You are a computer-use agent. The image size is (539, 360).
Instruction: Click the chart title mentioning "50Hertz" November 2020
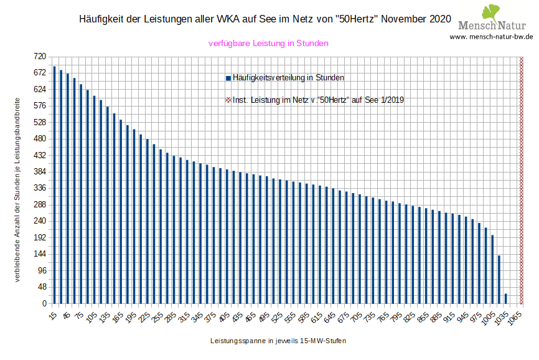pos(265,19)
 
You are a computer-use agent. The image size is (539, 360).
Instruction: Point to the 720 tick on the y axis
pos(40,56)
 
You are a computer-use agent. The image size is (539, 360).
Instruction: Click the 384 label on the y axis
pos(40,171)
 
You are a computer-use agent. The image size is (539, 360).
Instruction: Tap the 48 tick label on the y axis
pos(42,287)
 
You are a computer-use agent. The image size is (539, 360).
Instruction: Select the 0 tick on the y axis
pos(44,303)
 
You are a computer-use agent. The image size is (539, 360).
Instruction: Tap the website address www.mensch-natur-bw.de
pos(491,36)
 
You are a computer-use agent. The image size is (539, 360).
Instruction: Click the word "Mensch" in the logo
pos(476,26)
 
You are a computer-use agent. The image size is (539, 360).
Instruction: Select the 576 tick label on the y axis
pos(40,105)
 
